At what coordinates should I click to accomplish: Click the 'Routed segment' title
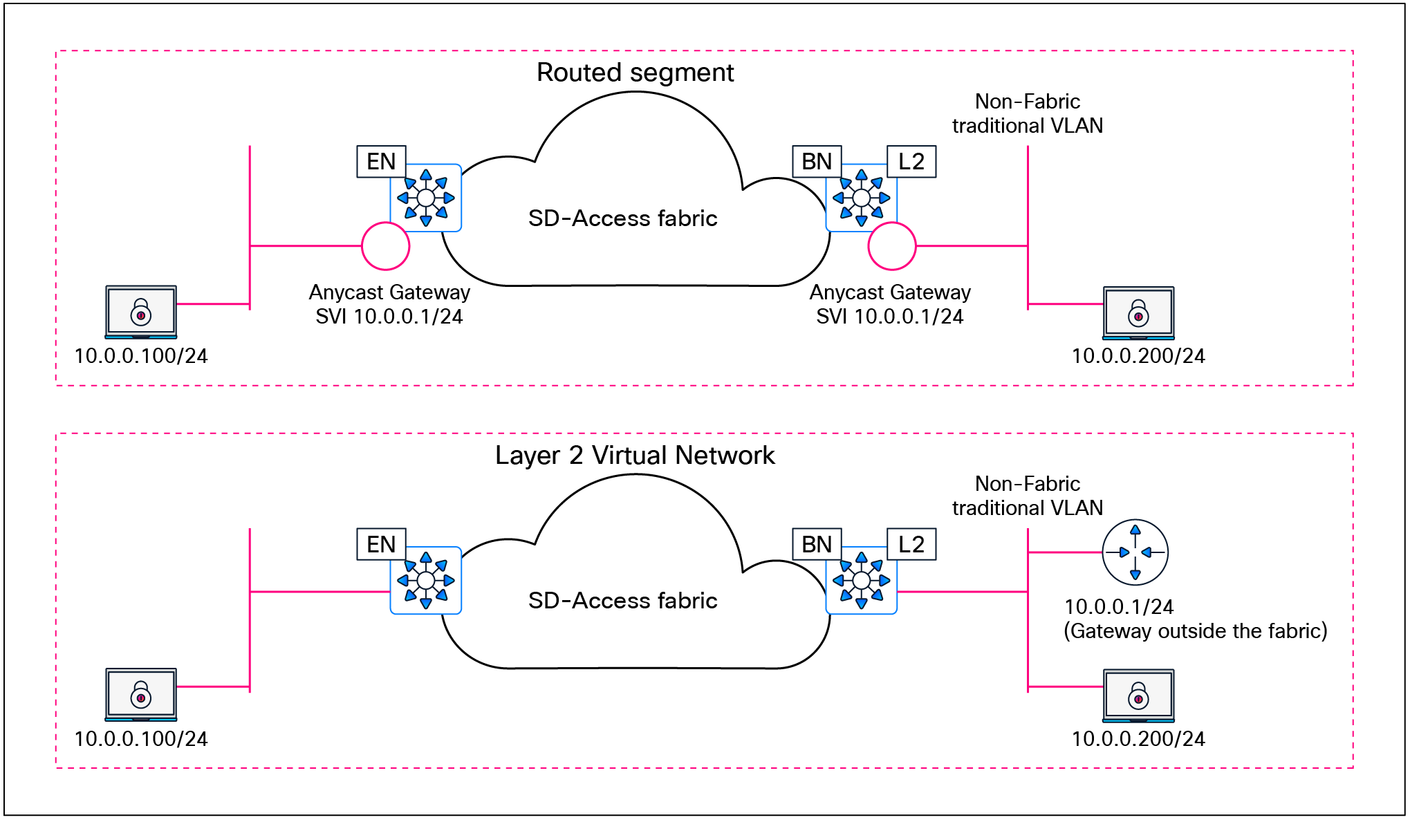(635, 73)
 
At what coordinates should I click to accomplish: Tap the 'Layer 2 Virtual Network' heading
(635, 456)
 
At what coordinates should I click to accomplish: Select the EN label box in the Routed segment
(381, 162)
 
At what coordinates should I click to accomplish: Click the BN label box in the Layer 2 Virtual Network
(817, 545)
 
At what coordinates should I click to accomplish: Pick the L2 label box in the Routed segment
(911, 162)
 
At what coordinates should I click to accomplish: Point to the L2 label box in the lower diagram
(911, 545)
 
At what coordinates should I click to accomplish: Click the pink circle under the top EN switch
(386, 246)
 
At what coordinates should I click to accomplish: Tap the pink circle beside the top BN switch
(892, 246)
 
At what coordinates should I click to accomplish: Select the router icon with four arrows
(1135, 552)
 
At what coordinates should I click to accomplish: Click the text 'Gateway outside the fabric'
(1195, 631)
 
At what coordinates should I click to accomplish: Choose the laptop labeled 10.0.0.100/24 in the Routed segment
(141, 312)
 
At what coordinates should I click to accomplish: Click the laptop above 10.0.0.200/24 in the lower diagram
(1138, 695)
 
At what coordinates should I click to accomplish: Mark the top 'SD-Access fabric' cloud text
(622, 218)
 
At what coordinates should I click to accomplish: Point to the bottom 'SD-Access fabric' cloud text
(622, 601)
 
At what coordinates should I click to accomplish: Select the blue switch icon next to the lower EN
(426, 581)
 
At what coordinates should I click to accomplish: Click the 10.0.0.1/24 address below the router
(1119, 607)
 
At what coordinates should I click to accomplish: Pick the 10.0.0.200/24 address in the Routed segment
(1138, 356)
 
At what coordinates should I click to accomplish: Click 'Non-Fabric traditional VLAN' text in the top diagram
(1028, 113)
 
